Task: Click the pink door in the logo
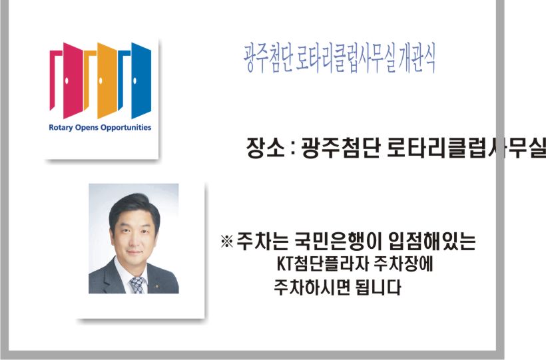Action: coord(73,80)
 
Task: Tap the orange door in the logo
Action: coord(107,80)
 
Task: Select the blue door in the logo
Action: coord(141,80)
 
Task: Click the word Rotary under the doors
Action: coord(61,128)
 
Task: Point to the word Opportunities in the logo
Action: coord(126,128)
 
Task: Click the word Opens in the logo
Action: coord(87,128)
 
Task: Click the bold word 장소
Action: coord(265,148)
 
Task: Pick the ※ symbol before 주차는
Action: coord(226,241)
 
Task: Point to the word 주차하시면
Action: coord(312,287)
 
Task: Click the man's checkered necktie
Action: coord(137,285)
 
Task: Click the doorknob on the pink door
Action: coord(67,81)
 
